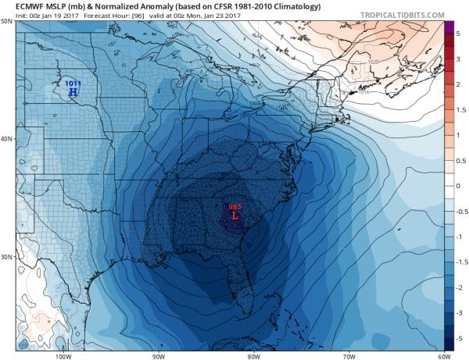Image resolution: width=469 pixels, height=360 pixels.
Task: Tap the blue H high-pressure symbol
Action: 73,91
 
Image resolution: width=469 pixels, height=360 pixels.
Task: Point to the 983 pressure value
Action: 234,206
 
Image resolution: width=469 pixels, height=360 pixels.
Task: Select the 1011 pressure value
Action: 73,83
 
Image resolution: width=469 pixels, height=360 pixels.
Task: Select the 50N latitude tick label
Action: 7,22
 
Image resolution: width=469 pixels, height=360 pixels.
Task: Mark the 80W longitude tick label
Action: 251,355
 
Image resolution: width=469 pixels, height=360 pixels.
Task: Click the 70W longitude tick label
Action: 345,355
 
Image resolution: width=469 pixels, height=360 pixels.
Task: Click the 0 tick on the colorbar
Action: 460,186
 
